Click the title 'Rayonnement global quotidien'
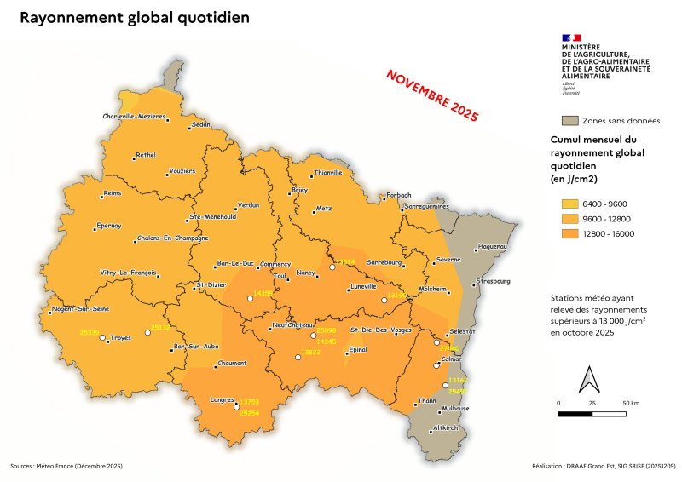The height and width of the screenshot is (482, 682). click(134, 18)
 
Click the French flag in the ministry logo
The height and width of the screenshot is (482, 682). click(570, 37)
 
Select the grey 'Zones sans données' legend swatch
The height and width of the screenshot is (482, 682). click(570, 120)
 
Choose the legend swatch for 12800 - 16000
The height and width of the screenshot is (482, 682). click(570, 233)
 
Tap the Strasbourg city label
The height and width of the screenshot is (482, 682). click(494, 280)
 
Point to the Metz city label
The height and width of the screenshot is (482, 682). click(323, 208)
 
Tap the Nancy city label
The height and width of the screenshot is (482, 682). click(306, 273)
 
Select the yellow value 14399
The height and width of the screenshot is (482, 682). click(263, 293)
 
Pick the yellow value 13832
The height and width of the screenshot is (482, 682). click(311, 352)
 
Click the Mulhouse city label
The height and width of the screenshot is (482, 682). click(456, 408)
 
